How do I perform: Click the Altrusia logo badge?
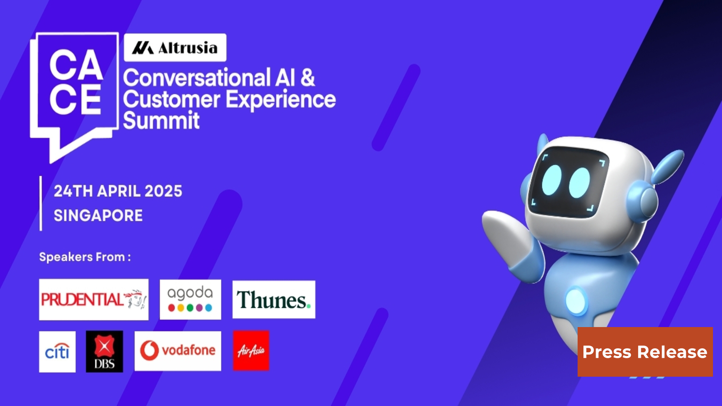click(x=175, y=47)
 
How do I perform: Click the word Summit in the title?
click(x=161, y=121)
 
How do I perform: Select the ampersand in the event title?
click(x=307, y=78)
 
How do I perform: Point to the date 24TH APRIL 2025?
click(x=118, y=191)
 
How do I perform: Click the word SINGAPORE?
click(x=98, y=216)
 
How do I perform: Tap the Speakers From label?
click(x=85, y=257)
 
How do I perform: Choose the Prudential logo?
click(x=94, y=300)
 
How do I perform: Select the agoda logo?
click(x=190, y=300)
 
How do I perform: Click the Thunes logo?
click(x=273, y=300)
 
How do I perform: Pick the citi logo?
click(x=57, y=351)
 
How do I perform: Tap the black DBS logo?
click(x=104, y=351)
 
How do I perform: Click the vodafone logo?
click(x=178, y=351)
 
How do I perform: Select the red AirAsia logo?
click(x=251, y=351)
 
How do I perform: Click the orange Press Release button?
click(x=645, y=352)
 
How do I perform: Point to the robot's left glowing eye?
click(x=551, y=180)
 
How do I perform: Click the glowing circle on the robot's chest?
click(x=575, y=301)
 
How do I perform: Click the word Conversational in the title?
click(x=197, y=78)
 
